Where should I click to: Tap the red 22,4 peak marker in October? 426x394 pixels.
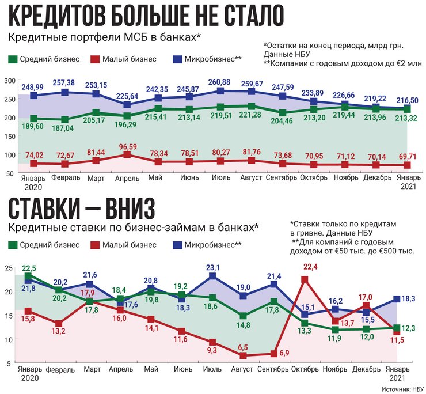tap(305, 280)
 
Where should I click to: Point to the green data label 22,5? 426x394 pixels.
tap(29, 268)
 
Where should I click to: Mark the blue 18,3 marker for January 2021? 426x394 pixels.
tap(396, 298)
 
